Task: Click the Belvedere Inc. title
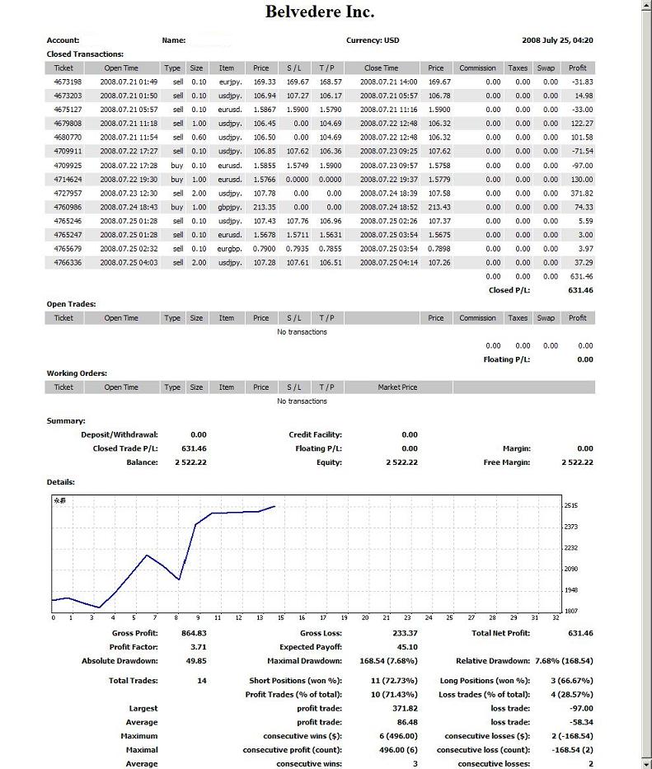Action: (x=319, y=12)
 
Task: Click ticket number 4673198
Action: (x=68, y=82)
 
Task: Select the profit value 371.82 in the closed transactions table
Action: (x=581, y=193)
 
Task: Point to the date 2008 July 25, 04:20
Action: (x=557, y=40)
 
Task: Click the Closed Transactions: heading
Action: (x=86, y=54)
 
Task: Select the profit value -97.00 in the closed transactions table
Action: (x=581, y=166)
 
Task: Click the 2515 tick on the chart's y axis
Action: (x=571, y=505)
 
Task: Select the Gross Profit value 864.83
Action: (x=194, y=633)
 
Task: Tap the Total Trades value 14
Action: (x=201, y=681)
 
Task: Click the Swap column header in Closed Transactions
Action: (x=546, y=68)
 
